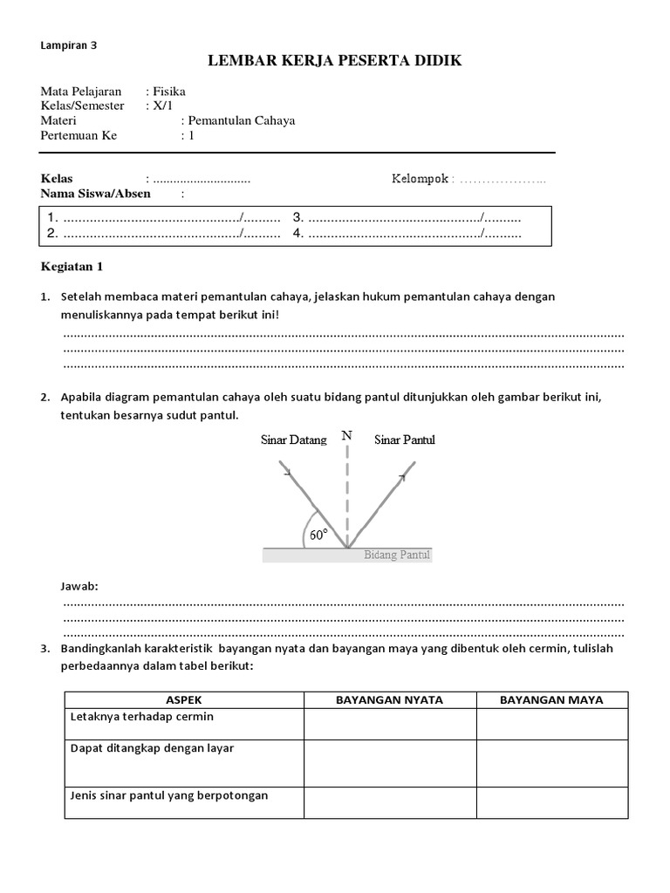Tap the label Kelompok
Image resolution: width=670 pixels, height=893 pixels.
point(420,179)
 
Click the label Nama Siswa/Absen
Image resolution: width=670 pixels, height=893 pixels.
point(96,194)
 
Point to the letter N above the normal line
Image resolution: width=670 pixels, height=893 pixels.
point(347,434)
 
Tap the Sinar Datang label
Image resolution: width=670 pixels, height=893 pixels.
point(294,440)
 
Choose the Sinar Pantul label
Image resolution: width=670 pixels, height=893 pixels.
point(405,440)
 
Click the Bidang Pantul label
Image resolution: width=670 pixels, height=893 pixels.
point(397,555)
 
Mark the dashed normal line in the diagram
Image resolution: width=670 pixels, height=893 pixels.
point(347,497)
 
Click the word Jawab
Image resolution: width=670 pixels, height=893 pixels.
point(79,587)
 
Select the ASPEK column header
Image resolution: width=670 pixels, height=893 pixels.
point(184,699)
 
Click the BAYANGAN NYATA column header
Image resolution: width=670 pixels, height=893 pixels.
point(389,699)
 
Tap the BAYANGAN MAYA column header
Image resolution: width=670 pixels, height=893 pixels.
point(551,699)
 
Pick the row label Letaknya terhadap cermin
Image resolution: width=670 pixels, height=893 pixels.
point(141,717)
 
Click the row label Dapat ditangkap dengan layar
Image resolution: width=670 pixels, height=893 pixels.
point(152,748)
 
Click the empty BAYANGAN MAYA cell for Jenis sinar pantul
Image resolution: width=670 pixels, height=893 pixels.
point(551,802)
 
